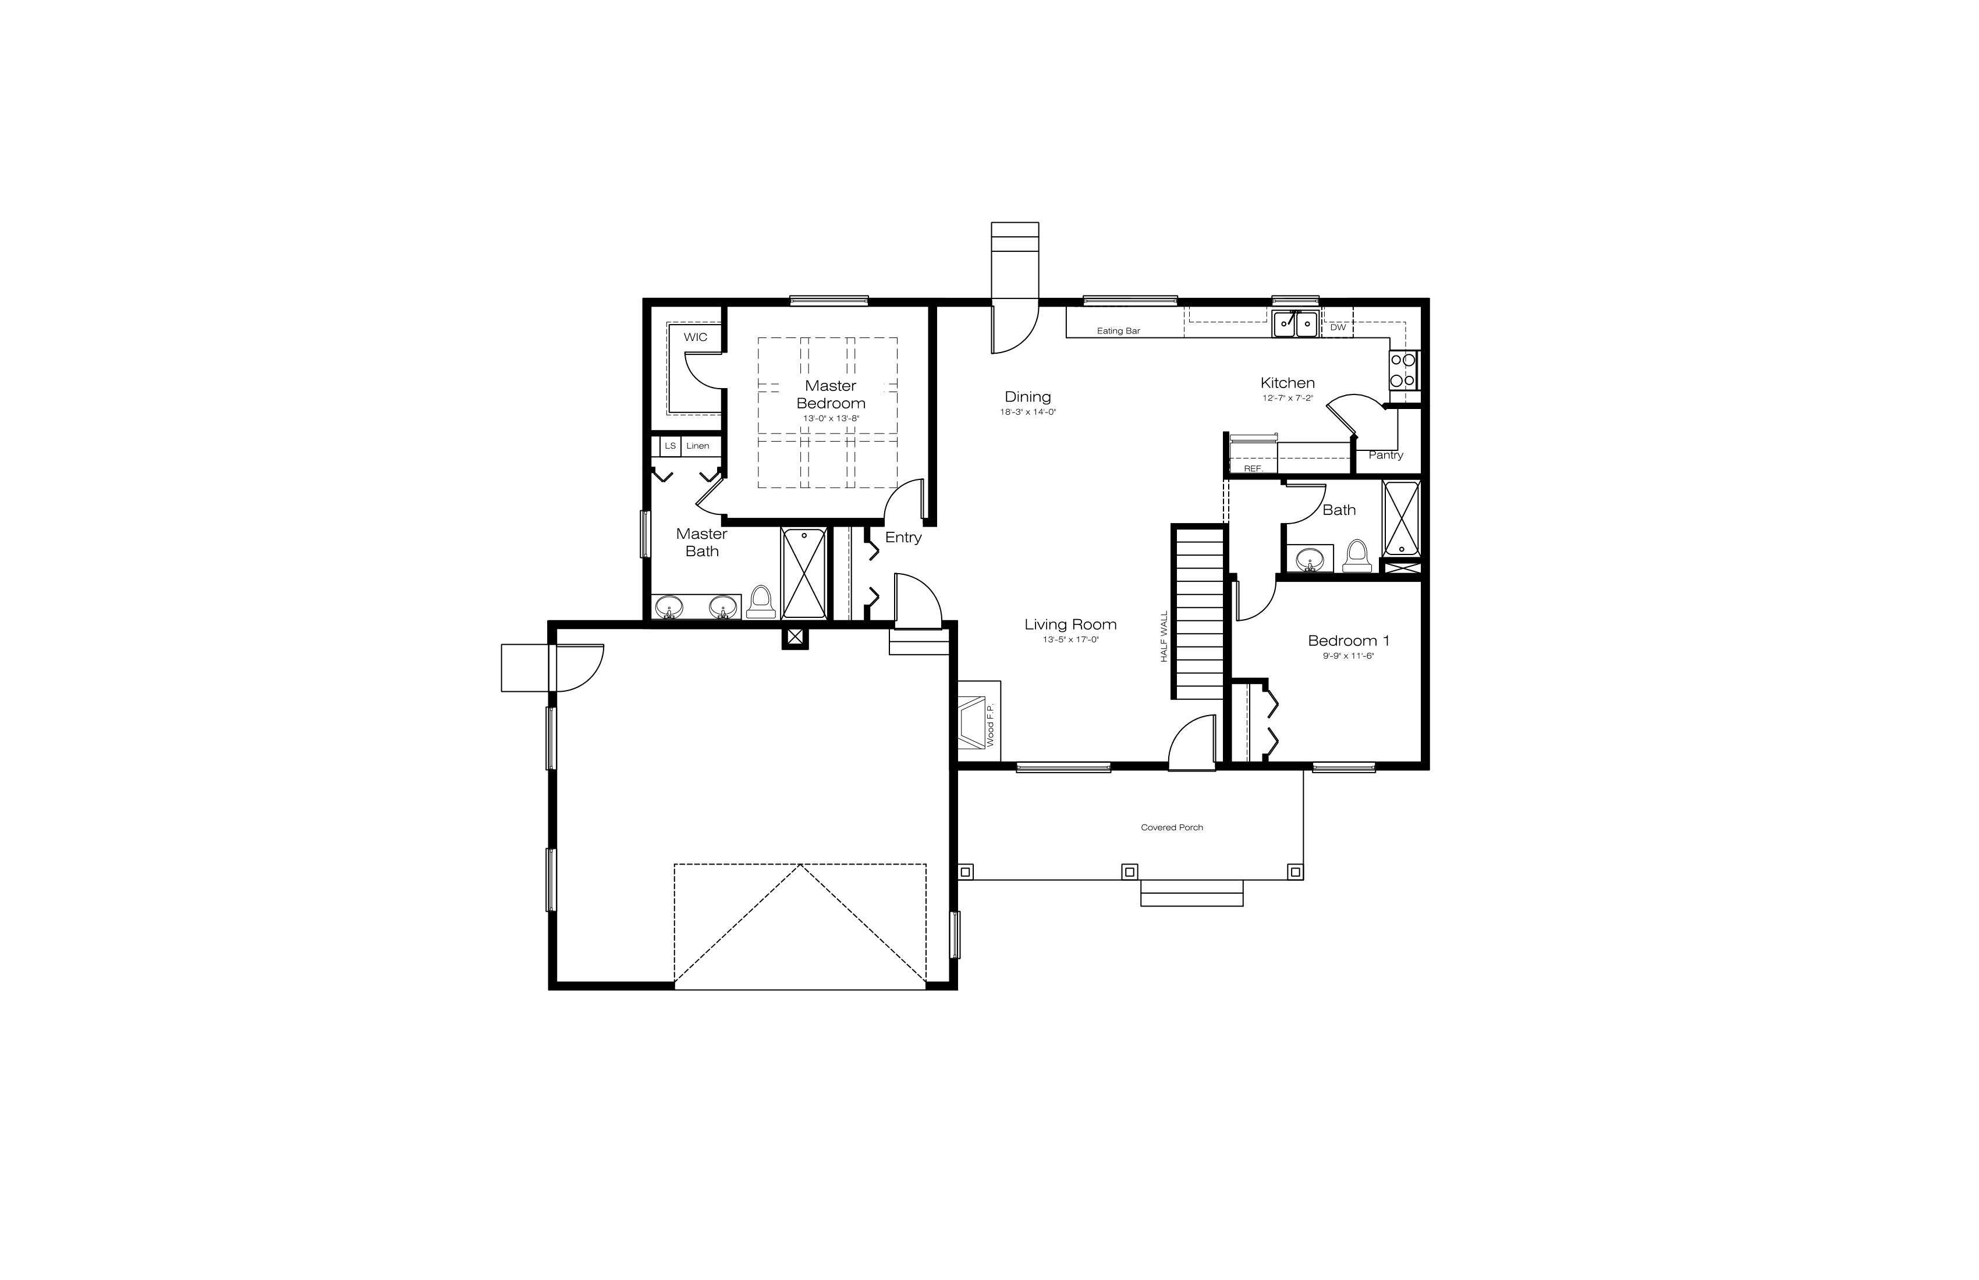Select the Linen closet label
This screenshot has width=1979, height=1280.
pos(698,446)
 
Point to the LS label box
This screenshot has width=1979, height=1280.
pos(670,446)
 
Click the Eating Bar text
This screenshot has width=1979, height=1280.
pos(1118,331)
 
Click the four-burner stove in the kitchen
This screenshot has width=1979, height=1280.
pos(1403,371)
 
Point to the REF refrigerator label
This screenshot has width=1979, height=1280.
pos(1252,470)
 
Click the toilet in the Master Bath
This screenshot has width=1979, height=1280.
pos(761,602)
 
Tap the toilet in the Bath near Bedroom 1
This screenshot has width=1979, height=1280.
pos(1356,556)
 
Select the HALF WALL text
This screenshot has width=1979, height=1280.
pos(1164,637)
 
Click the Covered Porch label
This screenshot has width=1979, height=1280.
pos(1172,828)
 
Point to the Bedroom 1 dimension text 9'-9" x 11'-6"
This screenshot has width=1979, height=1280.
pos(1348,656)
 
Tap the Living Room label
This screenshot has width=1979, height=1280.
pos(1070,624)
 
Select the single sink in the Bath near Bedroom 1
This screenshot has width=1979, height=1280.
pos(1310,559)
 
